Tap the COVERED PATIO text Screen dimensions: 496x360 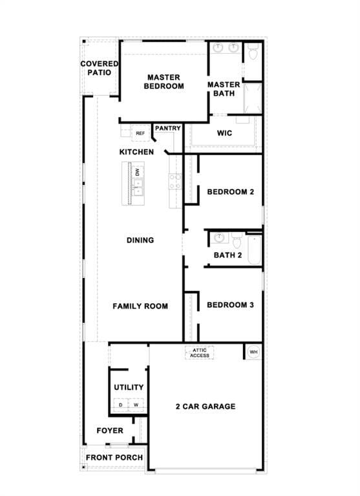click(99, 68)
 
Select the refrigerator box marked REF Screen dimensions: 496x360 click(140, 133)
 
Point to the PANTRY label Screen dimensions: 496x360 click(167, 129)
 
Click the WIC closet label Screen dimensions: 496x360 click(224, 134)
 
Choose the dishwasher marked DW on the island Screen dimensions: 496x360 click(138, 173)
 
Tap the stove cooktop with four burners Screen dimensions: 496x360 click(175, 181)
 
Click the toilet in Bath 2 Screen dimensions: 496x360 click(237, 241)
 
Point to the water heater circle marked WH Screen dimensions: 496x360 click(253, 352)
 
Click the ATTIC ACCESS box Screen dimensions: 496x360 click(199, 352)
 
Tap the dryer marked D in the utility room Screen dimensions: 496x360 click(120, 405)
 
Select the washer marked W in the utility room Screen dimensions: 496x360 click(136, 405)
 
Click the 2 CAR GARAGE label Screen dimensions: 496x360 click(205, 407)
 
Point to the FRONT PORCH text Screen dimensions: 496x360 click(114, 457)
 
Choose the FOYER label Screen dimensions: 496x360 click(110, 431)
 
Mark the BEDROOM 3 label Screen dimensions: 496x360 click(229, 305)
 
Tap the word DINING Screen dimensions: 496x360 click(140, 241)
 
